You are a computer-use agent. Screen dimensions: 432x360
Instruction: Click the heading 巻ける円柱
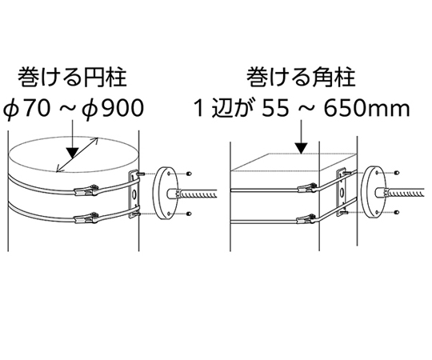(x=72, y=78)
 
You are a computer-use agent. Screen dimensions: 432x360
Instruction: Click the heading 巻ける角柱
(x=301, y=78)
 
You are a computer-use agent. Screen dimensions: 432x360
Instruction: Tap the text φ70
(x=27, y=108)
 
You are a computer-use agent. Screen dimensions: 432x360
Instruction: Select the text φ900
(x=113, y=108)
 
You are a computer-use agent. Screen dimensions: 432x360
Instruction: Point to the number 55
(x=274, y=108)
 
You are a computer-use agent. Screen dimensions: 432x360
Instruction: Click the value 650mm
(x=366, y=108)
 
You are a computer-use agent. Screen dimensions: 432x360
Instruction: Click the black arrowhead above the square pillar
(x=302, y=148)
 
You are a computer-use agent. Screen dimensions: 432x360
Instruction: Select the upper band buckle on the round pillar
(x=86, y=190)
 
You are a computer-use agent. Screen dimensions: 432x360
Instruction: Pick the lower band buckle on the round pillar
(x=86, y=218)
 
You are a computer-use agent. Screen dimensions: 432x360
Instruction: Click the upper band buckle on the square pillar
(x=307, y=188)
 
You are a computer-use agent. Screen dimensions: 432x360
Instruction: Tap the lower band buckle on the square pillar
(x=307, y=219)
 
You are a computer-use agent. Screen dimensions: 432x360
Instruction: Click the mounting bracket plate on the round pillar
(x=134, y=194)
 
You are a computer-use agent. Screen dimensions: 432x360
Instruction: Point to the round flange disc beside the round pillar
(x=166, y=193)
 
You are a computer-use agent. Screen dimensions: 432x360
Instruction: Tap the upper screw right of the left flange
(x=189, y=174)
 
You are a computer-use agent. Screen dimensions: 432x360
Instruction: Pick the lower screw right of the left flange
(x=189, y=214)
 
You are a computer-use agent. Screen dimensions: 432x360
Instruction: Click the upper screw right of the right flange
(x=397, y=173)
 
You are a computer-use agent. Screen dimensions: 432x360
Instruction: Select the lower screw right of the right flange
(x=397, y=212)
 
